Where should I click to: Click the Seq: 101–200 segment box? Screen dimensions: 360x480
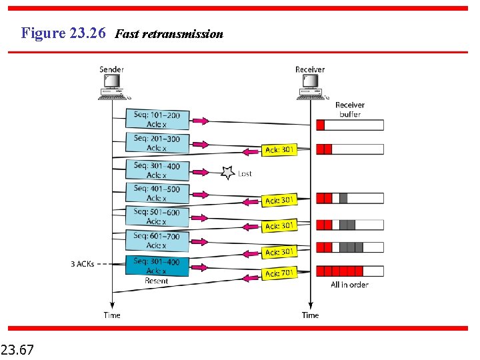coord(157,119)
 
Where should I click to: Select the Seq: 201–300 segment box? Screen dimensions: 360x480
coord(157,143)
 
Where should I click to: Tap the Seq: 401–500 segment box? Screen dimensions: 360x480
coord(157,193)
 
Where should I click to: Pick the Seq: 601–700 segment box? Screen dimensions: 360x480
coord(157,240)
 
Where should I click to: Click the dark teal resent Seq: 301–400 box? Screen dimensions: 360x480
coord(157,265)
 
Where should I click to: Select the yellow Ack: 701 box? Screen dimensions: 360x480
coord(280,273)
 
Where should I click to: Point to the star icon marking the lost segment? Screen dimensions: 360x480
coord(227,173)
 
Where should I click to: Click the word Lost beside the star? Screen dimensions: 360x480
coord(245,173)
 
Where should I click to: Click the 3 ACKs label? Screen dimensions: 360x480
coord(83,264)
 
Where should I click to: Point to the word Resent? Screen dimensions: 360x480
coord(157,281)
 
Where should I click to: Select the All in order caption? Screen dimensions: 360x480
coord(349,285)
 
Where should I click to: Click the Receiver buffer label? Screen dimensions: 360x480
coord(349,109)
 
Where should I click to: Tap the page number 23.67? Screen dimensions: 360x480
coord(19,349)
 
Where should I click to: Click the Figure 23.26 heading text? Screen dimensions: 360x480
coord(63,33)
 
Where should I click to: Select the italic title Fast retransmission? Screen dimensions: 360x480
coord(169,34)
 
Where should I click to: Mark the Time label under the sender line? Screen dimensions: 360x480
coord(112,315)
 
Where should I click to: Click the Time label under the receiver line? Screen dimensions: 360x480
coord(310,315)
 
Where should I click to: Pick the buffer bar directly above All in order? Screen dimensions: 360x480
coord(350,271)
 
